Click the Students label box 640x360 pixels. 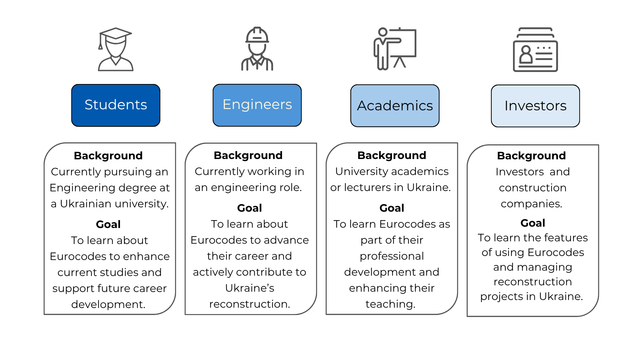pos(116,105)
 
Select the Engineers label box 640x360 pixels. pos(257,105)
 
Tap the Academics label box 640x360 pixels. pos(395,106)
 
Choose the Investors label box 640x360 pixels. pos(535,106)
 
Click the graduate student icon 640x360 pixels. pos(115,49)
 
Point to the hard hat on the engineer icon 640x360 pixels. pos(257,35)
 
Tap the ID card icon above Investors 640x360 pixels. pos(535,49)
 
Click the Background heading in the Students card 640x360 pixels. pos(108,156)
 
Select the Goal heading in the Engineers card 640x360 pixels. pos(249,208)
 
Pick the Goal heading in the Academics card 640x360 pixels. pos(392,208)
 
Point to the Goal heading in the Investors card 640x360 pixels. pos(533,223)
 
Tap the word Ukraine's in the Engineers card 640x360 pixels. pos(250,288)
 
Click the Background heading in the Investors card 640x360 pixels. pos(531,156)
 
